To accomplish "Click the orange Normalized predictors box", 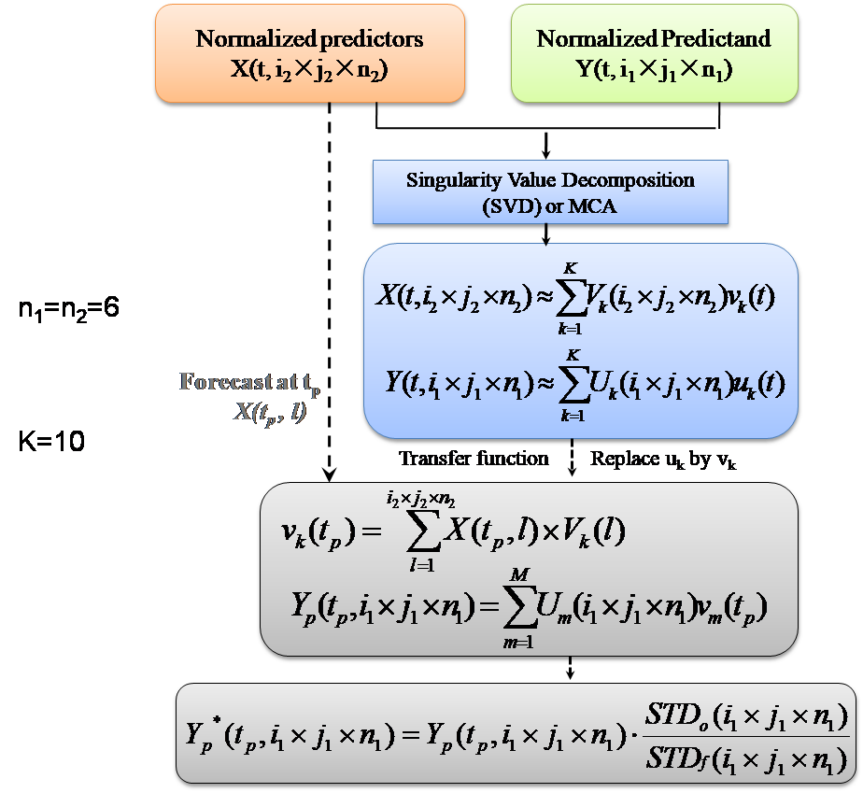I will pos(309,52).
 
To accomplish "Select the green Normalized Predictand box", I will pos(654,52).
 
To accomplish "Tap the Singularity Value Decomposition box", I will pos(550,192).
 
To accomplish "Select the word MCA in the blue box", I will pos(595,206).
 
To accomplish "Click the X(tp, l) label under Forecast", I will pos(270,412).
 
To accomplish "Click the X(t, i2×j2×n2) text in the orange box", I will pos(309,68).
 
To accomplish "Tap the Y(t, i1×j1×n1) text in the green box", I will pos(654,68).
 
